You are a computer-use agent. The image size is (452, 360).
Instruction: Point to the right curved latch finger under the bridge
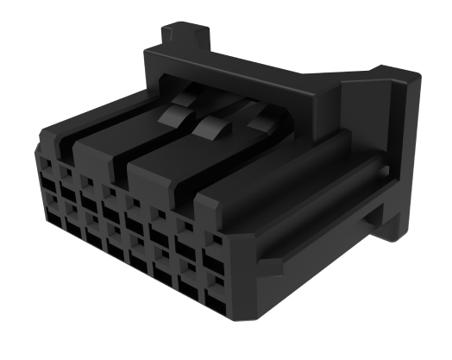pos(259,123)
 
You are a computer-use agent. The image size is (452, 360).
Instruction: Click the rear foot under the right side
pos(392,226)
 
